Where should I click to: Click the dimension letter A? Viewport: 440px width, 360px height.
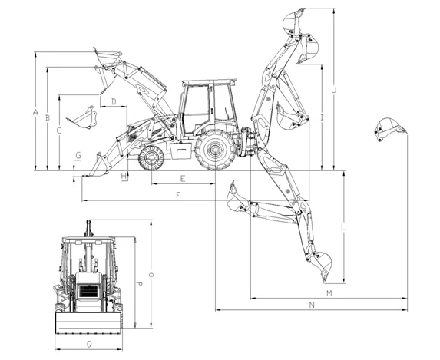[x=35, y=112]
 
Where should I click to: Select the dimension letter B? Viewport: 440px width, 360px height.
[x=47, y=118]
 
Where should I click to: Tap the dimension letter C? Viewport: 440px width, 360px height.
[x=59, y=130]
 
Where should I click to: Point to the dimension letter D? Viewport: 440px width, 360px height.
[x=113, y=101]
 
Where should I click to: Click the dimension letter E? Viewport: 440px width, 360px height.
[x=182, y=178]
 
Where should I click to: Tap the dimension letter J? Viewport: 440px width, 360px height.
[x=334, y=90]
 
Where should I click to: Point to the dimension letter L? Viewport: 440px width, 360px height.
[x=343, y=228]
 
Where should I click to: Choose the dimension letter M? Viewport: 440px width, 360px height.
[x=329, y=293]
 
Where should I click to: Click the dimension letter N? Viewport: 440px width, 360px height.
[x=311, y=305]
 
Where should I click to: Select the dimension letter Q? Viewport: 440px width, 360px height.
[x=89, y=345]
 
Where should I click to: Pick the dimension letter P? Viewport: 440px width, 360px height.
[x=138, y=284]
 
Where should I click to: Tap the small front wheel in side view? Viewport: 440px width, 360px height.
[x=152, y=158]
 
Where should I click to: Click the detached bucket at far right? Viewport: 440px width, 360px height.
[x=389, y=128]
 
